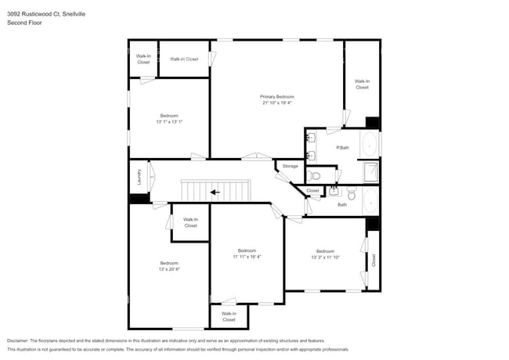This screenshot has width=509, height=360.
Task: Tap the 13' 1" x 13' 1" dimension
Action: tap(168, 121)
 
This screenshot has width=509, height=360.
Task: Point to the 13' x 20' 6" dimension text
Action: tap(169, 268)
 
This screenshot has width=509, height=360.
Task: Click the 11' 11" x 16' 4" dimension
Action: tap(247, 256)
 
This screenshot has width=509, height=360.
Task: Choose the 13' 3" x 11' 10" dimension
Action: tap(325, 257)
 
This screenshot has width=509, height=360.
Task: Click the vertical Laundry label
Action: tap(139, 178)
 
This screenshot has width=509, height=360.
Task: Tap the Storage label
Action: tap(291, 167)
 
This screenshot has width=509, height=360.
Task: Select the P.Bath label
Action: tap(342, 148)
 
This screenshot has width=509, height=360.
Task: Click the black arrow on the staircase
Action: tap(214, 192)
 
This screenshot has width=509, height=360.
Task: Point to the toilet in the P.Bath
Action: tap(314, 176)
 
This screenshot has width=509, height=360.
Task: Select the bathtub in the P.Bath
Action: tap(370, 146)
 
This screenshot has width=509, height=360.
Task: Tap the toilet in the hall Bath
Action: tap(351, 193)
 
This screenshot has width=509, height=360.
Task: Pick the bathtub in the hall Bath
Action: tap(370, 201)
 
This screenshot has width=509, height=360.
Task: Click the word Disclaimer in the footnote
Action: tap(20, 340)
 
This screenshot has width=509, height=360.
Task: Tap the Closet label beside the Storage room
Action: tap(312, 190)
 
